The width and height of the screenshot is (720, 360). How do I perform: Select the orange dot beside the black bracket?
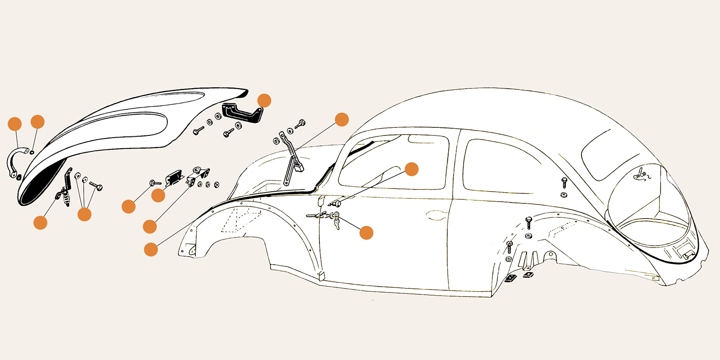pyautogui.click(x=264, y=100)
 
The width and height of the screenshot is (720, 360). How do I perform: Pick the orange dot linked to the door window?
pyautogui.click(x=411, y=169)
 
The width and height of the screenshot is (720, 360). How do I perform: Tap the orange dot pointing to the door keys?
pyautogui.click(x=366, y=232)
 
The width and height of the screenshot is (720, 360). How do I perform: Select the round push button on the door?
pyautogui.click(x=337, y=204)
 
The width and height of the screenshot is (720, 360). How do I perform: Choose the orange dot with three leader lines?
pyautogui.click(x=84, y=214)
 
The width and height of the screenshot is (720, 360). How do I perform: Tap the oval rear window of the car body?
pyautogui.click(x=607, y=153)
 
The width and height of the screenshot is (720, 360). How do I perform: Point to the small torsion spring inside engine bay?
pyautogui.click(x=642, y=175)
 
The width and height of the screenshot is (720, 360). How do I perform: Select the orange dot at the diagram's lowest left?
pyautogui.click(x=151, y=249)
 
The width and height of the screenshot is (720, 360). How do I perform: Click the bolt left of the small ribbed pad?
pyautogui.click(x=154, y=183)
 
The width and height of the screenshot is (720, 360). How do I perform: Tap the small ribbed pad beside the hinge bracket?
pyautogui.click(x=173, y=177)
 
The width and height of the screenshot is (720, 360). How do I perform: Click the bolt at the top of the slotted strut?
pyautogui.click(x=301, y=123)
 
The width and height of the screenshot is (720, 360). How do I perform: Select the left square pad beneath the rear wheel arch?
pyautogui.click(x=511, y=278)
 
